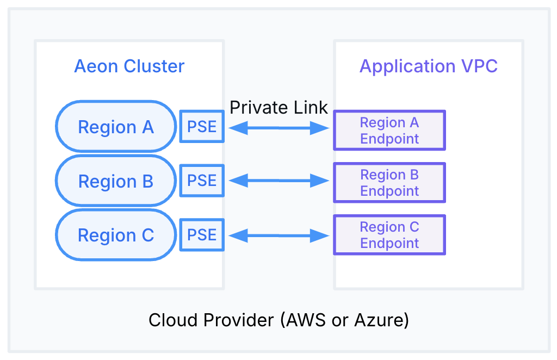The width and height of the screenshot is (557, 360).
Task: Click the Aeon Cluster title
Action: click(129, 66)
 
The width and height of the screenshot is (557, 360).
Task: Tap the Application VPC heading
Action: click(428, 66)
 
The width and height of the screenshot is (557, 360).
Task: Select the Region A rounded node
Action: click(116, 127)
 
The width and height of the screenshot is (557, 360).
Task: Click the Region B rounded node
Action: click(116, 181)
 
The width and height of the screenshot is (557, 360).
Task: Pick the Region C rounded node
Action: click(116, 235)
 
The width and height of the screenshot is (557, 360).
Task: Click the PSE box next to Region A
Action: click(202, 127)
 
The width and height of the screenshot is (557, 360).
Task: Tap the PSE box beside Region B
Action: click(202, 181)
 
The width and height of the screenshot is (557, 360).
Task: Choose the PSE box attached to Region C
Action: click(202, 235)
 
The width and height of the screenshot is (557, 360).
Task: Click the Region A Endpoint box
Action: click(389, 131)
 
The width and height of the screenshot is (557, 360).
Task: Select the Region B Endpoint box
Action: click(389, 183)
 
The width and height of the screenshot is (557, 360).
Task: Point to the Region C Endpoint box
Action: click(389, 235)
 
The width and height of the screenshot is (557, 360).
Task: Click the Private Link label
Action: click(278, 107)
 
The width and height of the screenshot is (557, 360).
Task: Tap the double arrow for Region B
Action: click(278, 181)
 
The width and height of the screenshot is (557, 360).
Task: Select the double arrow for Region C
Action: click(278, 235)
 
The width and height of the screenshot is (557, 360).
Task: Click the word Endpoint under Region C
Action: click(389, 243)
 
